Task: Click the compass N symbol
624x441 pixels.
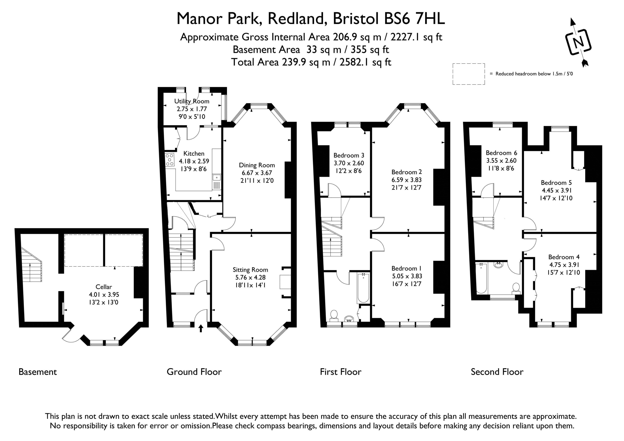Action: (x=578, y=42)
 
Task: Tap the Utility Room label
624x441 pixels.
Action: (x=192, y=101)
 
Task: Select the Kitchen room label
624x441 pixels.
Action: (x=194, y=153)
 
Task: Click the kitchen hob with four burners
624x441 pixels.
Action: (x=170, y=160)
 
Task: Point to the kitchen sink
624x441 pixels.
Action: (x=217, y=178)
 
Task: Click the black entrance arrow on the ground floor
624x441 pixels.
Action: (x=201, y=328)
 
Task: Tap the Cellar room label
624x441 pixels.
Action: (x=104, y=287)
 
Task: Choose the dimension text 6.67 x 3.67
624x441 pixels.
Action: (x=257, y=173)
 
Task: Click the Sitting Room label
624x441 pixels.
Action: (x=250, y=270)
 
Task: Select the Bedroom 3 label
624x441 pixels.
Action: (x=349, y=155)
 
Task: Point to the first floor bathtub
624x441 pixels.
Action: (x=363, y=288)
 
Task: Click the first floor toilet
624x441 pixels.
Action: (x=334, y=316)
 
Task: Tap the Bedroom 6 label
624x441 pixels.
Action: (x=501, y=153)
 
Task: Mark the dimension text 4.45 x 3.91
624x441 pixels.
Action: (x=556, y=190)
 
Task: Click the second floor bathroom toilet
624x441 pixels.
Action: (x=516, y=288)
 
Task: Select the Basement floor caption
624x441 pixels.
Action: (x=38, y=372)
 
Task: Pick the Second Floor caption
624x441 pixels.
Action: (x=497, y=372)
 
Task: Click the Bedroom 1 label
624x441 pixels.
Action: (x=406, y=269)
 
